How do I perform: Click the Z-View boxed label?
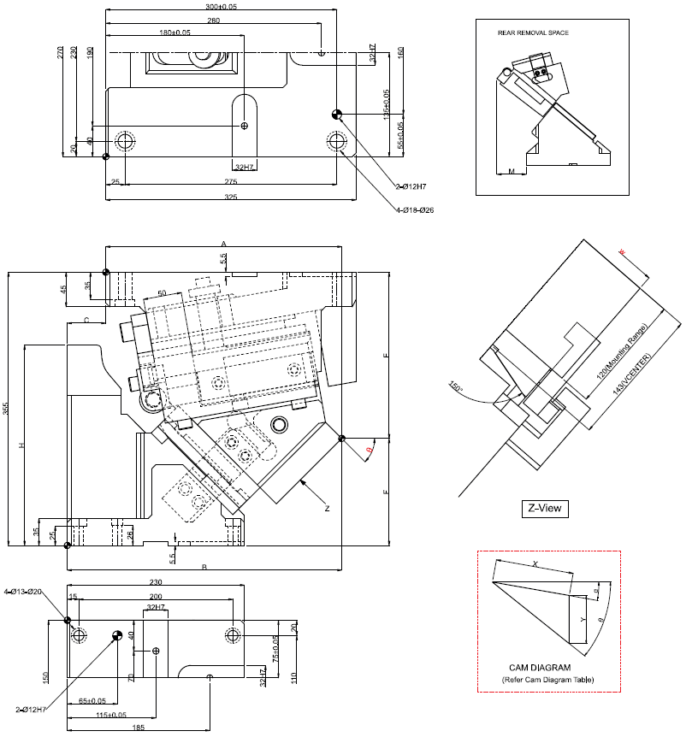(544, 509)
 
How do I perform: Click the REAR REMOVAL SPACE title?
(533, 32)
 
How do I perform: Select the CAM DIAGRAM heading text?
(540, 668)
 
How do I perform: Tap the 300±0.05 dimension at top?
(222, 6)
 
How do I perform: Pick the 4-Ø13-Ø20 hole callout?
(23, 592)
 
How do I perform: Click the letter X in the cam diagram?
(535, 564)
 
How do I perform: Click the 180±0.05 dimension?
(175, 32)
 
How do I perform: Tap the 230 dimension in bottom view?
(155, 582)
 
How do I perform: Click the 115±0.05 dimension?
(113, 715)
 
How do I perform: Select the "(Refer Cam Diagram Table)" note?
(547, 680)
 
